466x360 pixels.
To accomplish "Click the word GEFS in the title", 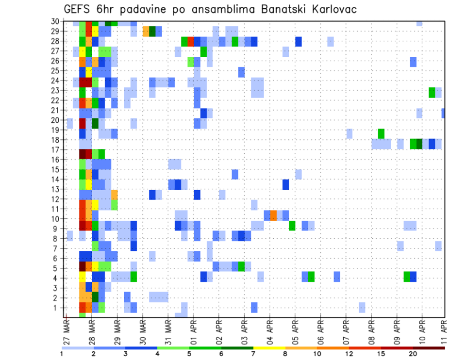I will pos(77,9).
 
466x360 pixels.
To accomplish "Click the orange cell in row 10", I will pos(273,214).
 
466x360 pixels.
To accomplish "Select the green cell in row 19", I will pos(381,133).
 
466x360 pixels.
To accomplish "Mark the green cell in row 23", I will pos(432,92).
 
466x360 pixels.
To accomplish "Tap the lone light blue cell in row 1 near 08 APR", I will pos(362,308).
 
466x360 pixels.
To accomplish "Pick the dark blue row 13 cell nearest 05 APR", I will pos(286,185).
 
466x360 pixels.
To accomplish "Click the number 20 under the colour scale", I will pos(414,354).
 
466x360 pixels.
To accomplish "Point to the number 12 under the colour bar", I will pos(349,354).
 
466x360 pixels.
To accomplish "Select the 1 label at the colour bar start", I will pos(62,354).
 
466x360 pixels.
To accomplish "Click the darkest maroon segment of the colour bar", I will pos(429,348).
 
